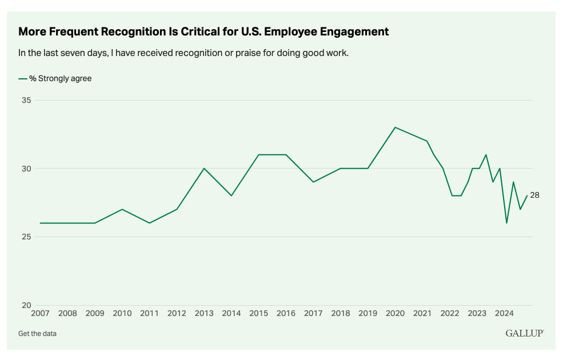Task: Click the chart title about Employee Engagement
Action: [203, 32]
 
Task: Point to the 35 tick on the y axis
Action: [26, 101]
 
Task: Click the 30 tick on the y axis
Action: [26, 169]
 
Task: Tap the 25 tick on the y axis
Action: [26, 237]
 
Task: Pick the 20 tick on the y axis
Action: [26, 305]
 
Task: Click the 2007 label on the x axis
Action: [41, 314]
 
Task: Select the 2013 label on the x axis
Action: [204, 314]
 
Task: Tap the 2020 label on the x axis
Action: [395, 314]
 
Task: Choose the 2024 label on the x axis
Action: [504, 314]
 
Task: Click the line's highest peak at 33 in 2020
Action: [395, 127]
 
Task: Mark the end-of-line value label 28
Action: [534, 195]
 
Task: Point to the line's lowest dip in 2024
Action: [506, 223]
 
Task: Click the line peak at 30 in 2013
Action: [204, 169]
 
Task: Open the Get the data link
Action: [37, 334]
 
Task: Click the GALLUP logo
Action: [524, 333]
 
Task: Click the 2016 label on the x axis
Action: [286, 314]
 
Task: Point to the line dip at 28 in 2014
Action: [231, 195]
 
